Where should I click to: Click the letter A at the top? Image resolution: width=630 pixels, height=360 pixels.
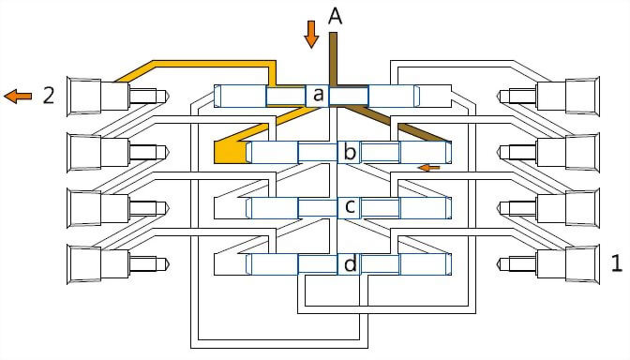click(335, 17)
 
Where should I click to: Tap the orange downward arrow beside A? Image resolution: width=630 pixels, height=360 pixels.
click(311, 35)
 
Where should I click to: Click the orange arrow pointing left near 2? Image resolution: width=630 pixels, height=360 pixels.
click(18, 96)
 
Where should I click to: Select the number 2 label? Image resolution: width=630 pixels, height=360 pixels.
click(49, 96)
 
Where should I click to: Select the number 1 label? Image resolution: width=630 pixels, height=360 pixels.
click(617, 263)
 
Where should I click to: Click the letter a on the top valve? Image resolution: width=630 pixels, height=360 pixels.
click(318, 95)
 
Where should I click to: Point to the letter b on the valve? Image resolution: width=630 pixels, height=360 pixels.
click(350, 152)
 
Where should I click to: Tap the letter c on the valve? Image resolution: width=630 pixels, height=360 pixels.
click(350, 206)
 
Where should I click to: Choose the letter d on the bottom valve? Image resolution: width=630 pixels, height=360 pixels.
click(351, 264)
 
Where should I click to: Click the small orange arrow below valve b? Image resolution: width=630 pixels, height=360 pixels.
click(429, 167)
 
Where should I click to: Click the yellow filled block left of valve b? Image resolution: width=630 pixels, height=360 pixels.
click(230, 152)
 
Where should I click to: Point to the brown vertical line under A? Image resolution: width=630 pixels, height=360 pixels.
click(333, 59)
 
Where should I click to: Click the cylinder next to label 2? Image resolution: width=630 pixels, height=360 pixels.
click(119, 96)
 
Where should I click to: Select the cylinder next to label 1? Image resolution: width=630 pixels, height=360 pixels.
click(548, 264)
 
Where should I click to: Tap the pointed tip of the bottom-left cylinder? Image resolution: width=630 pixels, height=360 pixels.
click(168, 264)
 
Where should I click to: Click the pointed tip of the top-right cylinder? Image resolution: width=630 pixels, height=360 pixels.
click(500, 96)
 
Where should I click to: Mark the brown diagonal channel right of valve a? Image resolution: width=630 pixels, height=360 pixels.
click(397, 124)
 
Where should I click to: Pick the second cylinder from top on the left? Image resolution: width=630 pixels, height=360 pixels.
click(119, 152)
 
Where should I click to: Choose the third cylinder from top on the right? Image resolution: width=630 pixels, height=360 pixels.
click(548, 208)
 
